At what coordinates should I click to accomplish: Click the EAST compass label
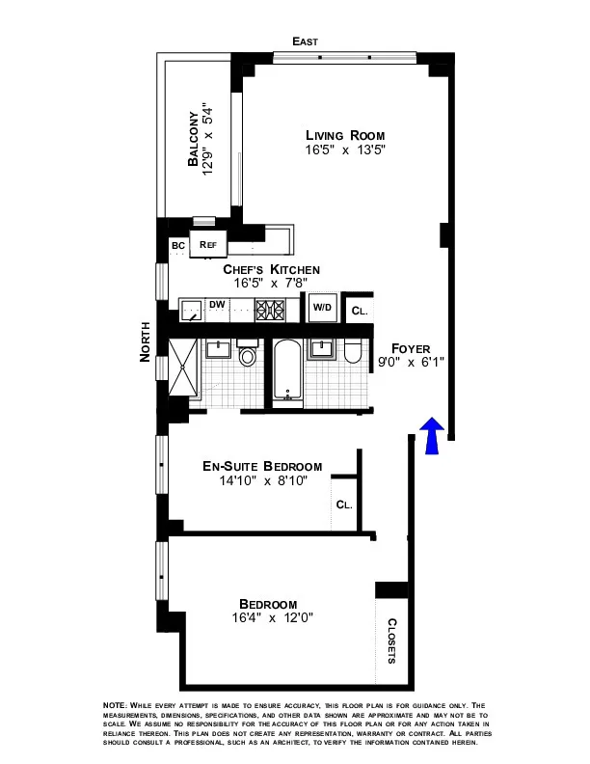[x=306, y=41]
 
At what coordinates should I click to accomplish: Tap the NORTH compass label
[x=146, y=341]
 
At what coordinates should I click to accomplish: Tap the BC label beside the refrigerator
[x=178, y=246]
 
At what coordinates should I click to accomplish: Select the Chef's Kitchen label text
[x=272, y=269]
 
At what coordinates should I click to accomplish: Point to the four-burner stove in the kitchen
[x=269, y=309]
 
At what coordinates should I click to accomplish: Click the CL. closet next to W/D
[x=359, y=311]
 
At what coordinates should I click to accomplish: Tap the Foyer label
[x=411, y=348]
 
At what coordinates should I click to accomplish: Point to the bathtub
[x=287, y=372]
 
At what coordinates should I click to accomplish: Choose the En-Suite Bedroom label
[x=262, y=466]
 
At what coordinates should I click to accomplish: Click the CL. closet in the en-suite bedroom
[x=344, y=505]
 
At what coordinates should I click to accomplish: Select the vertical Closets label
[x=392, y=641]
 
